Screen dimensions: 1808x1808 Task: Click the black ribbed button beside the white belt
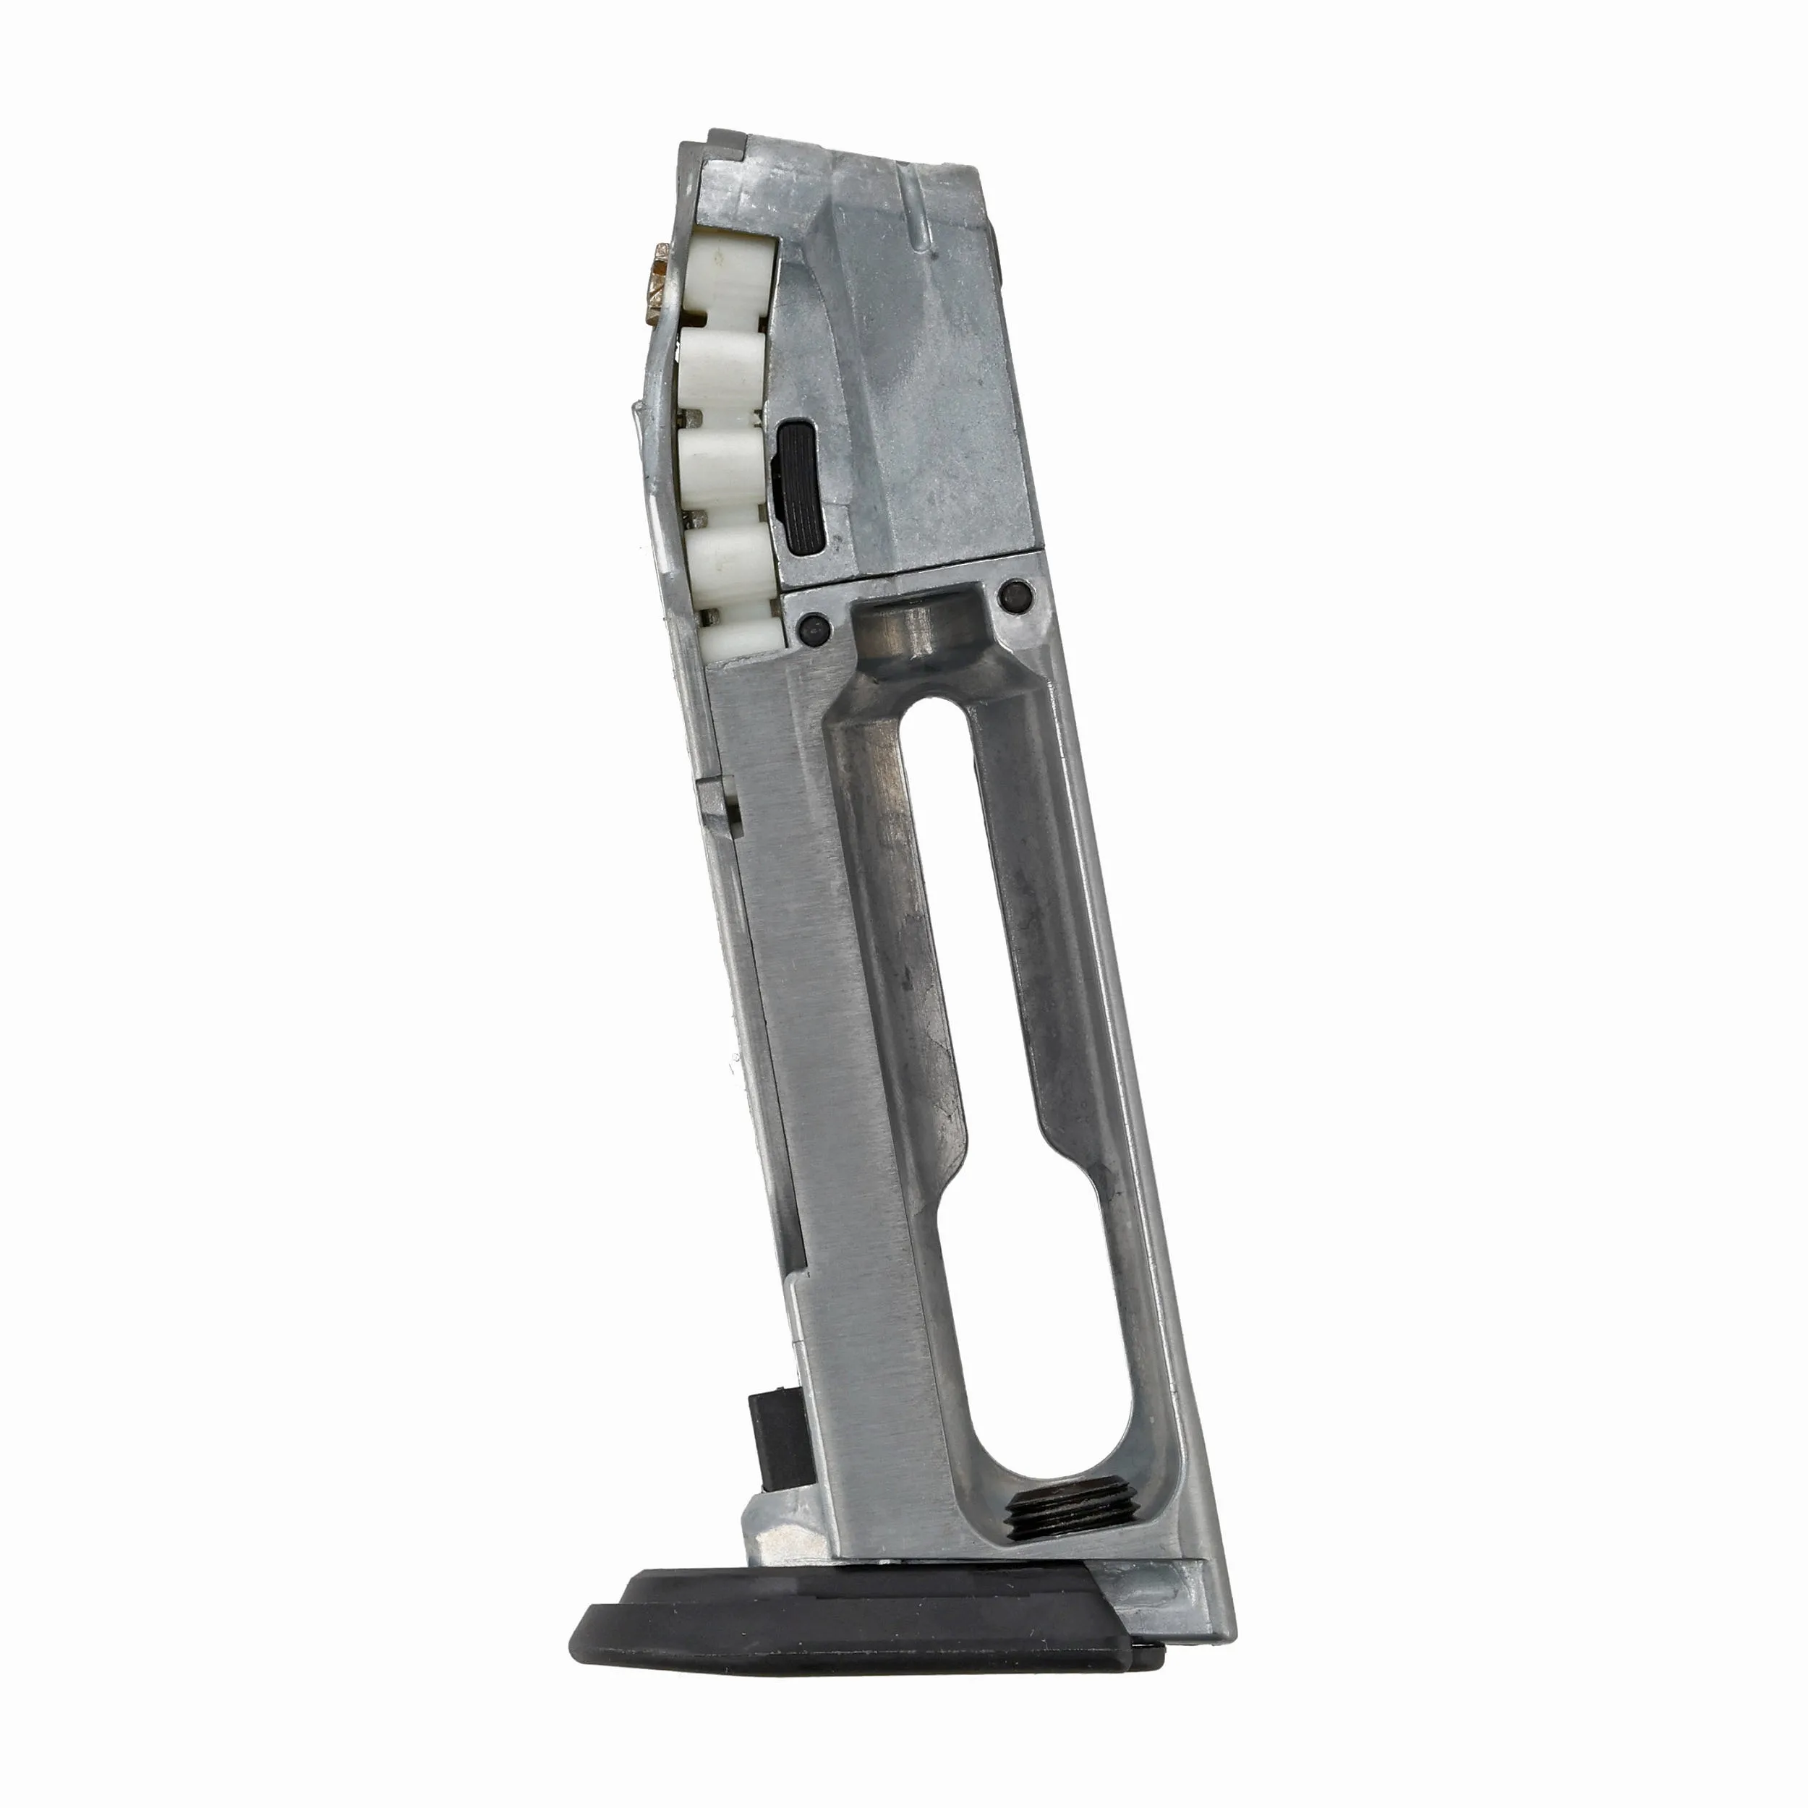pyautogui.click(x=802, y=487)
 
